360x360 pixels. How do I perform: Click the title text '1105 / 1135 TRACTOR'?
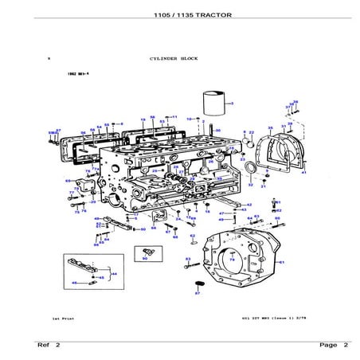click(x=179, y=15)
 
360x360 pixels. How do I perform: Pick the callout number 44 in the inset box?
click(x=114, y=273)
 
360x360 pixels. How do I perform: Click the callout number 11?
click(x=175, y=117)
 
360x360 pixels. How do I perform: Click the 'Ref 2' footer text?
click(x=48, y=345)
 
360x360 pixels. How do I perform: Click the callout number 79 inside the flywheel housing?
click(x=232, y=260)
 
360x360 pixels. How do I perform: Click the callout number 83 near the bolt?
click(x=187, y=260)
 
